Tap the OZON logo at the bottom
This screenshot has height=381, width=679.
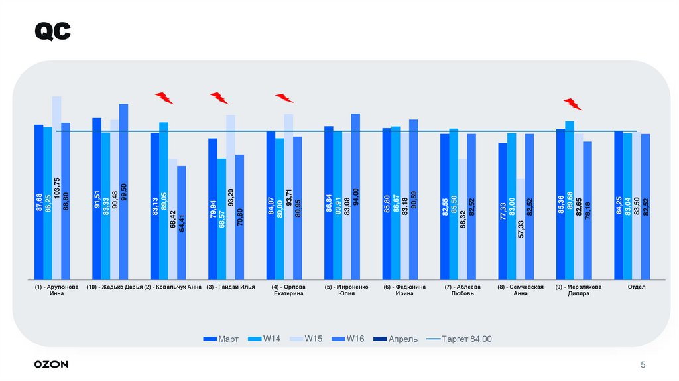(51, 364)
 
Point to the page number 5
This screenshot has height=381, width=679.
(643, 365)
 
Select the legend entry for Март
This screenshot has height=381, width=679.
(221, 339)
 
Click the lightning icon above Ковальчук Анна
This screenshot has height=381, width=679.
(164, 98)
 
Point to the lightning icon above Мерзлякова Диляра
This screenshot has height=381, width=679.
(572, 104)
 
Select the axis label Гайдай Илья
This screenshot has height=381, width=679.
(231, 287)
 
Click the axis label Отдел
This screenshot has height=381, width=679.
(636, 287)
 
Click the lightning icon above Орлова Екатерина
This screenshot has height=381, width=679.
(284, 98)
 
